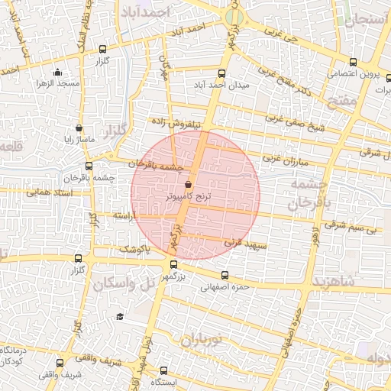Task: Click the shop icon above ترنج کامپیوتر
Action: [x=189, y=183]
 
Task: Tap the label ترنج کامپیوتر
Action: [x=189, y=196]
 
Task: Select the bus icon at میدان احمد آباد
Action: [x=221, y=74]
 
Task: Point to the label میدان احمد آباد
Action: [x=222, y=86]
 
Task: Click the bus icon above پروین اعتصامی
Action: [x=352, y=63]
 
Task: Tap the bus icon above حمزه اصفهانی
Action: [x=224, y=276]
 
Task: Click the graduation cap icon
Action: [x=120, y=317]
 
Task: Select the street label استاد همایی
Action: [x=49, y=192]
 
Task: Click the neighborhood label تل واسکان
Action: [x=122, y=283]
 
